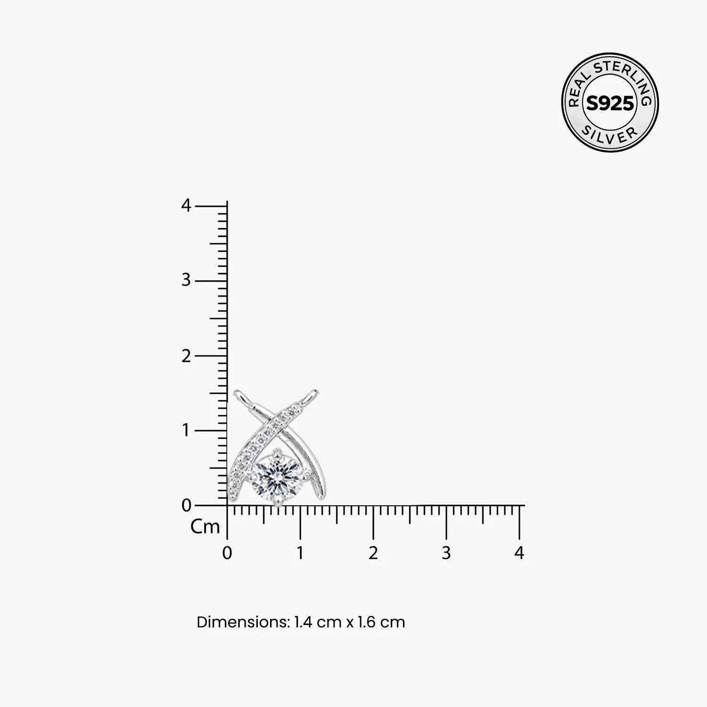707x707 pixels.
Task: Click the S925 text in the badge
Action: tap(610, 103)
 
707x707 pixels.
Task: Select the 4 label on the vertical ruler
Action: tap(186, 206)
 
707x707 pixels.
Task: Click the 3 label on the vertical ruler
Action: tap(186, 280)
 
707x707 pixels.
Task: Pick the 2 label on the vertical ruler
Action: tap(186, 356)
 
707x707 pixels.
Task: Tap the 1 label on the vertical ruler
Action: tap(187, 430)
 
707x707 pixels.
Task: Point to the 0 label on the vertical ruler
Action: tap(186, 506)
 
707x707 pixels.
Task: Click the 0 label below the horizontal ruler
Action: tap(227, 553)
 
